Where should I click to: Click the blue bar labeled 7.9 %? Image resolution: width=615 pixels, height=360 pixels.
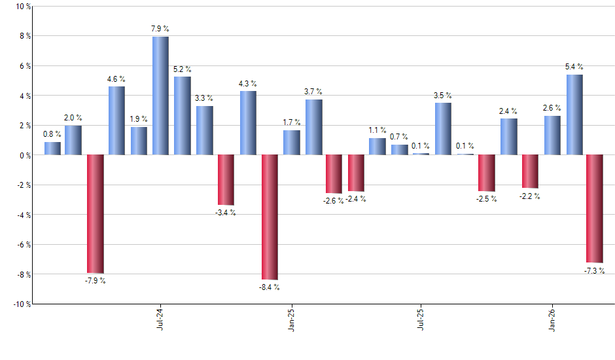160,96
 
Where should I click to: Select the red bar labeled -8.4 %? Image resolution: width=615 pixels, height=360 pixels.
270,217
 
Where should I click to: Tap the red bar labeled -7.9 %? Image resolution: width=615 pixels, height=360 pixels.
96,214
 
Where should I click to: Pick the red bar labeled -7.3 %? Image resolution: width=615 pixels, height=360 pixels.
595,209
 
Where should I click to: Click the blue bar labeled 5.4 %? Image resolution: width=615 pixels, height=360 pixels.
574,115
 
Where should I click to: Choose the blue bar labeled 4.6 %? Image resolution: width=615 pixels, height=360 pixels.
116,120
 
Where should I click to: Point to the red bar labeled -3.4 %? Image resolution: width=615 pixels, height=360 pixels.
226,180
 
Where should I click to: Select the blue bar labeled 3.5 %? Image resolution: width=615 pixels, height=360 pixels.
443,129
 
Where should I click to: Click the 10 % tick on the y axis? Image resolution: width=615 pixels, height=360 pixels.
22,7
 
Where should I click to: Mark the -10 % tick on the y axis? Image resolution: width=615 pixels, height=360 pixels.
21,304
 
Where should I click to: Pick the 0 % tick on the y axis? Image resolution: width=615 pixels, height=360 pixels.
24,156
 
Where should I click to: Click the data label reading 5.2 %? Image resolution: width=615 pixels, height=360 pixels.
183,69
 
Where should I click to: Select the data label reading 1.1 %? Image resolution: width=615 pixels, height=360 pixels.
378,130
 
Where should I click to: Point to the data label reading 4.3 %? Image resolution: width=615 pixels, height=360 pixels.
248,83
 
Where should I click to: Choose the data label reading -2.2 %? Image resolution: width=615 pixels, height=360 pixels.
530,196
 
